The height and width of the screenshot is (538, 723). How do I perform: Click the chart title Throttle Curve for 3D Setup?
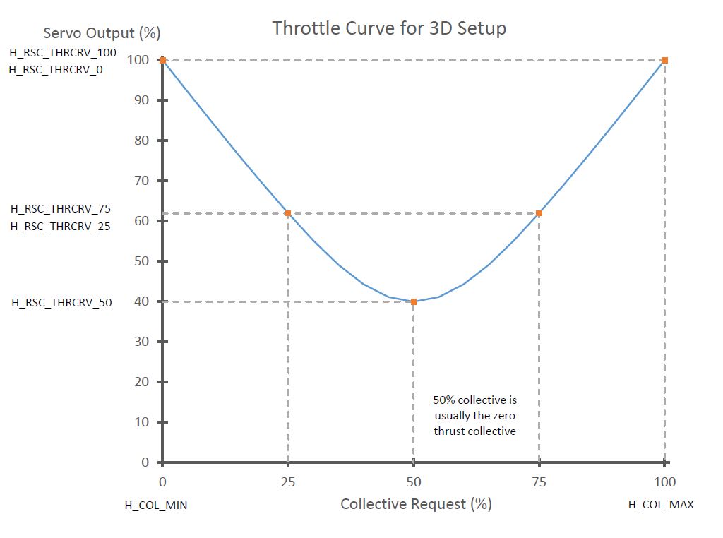click(389, 28)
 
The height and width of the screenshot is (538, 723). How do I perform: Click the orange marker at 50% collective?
click(414, 301)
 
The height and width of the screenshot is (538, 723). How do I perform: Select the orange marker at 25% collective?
click(288, 213)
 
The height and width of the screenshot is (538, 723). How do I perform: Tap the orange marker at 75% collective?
click(539, 213)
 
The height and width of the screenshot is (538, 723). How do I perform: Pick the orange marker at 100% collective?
click(664, 60)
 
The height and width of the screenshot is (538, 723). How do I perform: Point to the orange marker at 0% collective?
click(162, 60)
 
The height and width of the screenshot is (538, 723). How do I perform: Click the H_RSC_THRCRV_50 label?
click(61, 303)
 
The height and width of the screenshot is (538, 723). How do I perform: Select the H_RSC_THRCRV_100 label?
click(63, 52)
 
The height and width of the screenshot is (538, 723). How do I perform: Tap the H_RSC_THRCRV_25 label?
click(61, 227)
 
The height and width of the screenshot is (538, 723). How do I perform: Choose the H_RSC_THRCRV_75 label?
click(61, 209)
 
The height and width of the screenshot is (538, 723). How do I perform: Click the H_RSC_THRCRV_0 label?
click(56, 70)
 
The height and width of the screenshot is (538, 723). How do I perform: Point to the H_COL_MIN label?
click(156, 505)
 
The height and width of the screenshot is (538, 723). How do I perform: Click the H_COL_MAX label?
click(661, 505)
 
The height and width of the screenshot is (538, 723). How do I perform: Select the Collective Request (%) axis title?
click(416, 504)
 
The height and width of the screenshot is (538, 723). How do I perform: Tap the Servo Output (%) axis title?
click(102, 33)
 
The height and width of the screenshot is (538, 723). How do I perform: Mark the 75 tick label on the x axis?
click(539, 482)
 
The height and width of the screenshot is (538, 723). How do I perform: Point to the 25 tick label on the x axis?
click(288, 482)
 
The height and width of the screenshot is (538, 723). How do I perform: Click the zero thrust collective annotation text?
click(474, 415)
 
